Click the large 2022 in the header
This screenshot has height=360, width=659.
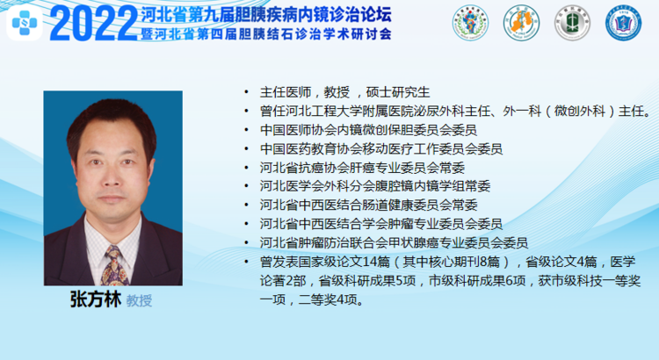94,24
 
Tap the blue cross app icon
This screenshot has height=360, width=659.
25,23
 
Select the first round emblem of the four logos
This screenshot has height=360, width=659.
470,23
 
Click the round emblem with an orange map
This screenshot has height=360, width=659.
521,23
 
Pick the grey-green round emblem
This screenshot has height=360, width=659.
572,23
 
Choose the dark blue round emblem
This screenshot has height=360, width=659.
623,23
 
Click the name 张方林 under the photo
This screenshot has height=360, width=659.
96,300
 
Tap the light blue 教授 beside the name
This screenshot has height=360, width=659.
139,301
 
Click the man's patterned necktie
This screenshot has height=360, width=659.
114,266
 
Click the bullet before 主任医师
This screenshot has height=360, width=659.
246,92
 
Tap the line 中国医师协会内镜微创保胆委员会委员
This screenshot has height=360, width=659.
368,130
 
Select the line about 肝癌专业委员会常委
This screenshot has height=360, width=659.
362,168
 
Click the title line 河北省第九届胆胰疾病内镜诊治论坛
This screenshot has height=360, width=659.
266,14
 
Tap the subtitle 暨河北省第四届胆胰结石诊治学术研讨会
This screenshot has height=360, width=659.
266,33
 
